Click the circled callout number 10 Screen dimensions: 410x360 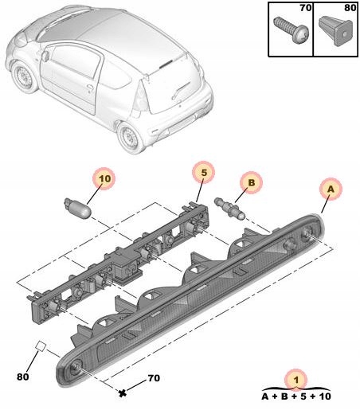[104, 181]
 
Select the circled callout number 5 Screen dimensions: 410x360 [203, 173]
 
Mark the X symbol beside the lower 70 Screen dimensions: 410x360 [123, 392]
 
